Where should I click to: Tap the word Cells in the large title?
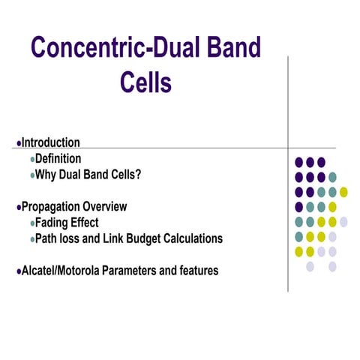145,82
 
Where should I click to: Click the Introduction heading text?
50,142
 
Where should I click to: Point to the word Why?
48,175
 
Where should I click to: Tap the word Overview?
105,206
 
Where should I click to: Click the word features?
196,270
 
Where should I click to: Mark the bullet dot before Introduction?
18,143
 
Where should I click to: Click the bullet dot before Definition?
32,160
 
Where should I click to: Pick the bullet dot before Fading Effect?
32,223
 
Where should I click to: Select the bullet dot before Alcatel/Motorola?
18,271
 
